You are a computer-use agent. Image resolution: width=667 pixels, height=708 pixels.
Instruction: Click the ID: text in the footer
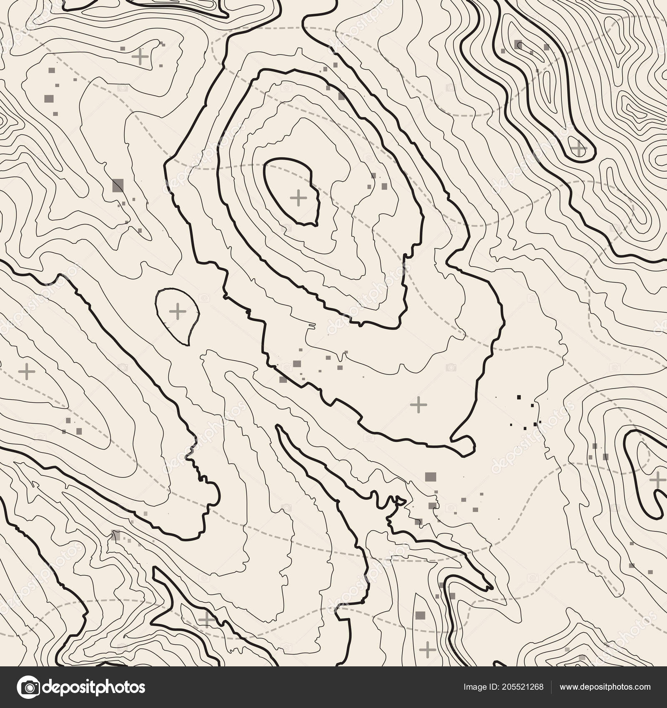[x=497, y=687]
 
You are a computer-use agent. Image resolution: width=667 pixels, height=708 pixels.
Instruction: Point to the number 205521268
[x=526, y=687]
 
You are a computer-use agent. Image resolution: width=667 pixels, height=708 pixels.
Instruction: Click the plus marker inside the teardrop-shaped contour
[x=178, y=311]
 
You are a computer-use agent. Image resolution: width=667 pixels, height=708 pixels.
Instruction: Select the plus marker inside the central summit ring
[x=298, y=198]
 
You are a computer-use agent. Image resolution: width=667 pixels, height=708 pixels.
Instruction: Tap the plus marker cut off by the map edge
[x=658, y=480]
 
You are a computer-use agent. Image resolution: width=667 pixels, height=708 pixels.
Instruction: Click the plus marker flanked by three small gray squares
[x=141, y=57]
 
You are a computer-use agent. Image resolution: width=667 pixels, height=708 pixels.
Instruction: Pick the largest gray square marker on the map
[x=118, y=186]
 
